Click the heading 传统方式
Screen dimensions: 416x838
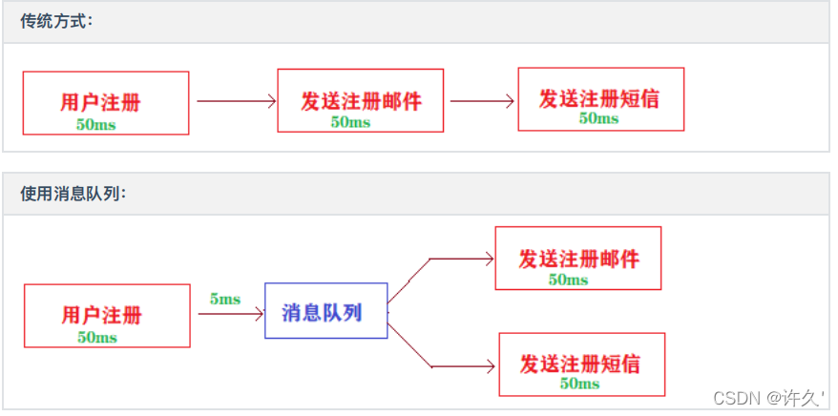[56, 22]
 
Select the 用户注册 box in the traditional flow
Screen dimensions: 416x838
[106, 103]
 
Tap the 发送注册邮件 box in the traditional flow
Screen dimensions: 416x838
[360, 99]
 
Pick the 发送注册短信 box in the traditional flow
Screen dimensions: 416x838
[600, 98]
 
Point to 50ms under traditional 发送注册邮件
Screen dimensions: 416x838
[350, 122]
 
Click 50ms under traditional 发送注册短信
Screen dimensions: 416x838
[598, 119]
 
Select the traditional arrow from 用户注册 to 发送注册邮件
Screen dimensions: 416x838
[236, 100]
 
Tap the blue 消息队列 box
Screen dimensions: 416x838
[325, 311]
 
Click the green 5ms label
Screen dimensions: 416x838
[225, 300]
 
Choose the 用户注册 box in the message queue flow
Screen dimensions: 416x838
[106, 316]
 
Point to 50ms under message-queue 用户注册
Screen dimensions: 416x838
[97, 338]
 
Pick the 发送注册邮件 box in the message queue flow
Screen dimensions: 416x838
[577, 258]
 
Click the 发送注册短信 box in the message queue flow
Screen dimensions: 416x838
[581, 364]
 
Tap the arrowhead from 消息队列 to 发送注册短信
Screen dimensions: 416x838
[490, 366]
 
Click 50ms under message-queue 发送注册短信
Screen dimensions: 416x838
[579, 384]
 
